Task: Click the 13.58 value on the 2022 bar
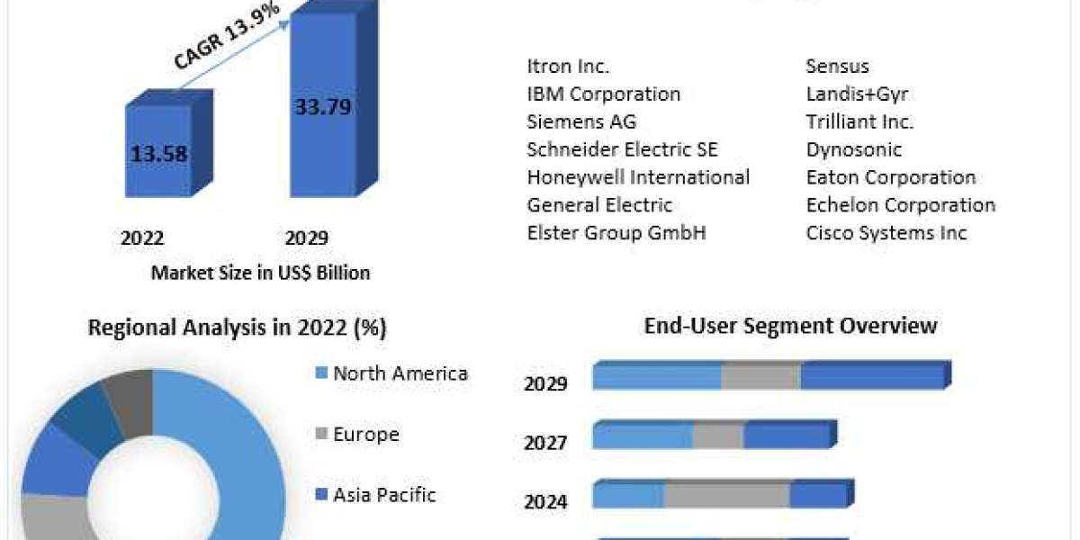point(159,154)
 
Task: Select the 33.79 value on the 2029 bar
point(323,107)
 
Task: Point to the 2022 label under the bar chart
point(142,238)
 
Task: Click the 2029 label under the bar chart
point(307,238)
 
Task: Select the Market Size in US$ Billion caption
point(260,273)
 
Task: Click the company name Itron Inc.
point(568,66)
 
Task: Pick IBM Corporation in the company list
point(603,94)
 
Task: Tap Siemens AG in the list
point(581,121)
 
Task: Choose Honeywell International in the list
point(638,177)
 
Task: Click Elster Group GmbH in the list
point(616,233)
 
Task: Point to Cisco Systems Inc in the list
point(886,233)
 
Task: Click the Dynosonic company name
point(853,149)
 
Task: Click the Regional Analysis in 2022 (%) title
point(237,328)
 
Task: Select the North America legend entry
point(400,373)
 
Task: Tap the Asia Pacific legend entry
point(384,494)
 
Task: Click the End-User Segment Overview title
point(790,325)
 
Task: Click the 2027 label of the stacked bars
point(545,443)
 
